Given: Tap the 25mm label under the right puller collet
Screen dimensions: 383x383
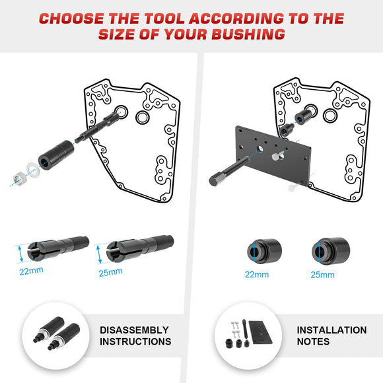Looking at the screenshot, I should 110,271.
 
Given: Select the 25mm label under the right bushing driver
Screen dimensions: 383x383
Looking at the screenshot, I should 322,274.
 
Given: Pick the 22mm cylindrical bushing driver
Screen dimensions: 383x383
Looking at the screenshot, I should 263,250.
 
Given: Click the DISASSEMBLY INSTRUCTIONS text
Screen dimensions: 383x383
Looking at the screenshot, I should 135,335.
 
